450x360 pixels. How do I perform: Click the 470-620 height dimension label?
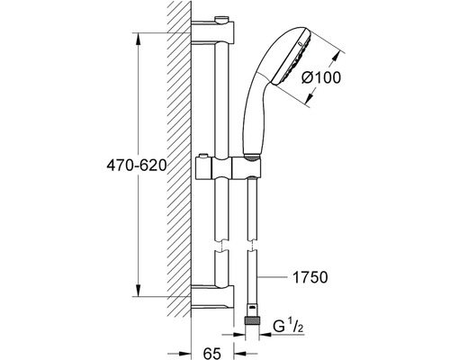[x=137, y=166]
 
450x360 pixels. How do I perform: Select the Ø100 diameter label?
[x=321, y=78]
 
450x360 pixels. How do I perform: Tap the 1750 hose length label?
[x=310, y=277]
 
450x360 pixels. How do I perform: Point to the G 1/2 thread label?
[x=288, y=326]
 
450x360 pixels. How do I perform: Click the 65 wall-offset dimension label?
[x=212, y=353]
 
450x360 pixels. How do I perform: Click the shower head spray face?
[x=292, y=57]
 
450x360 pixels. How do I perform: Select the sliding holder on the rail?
[x=229, y=167]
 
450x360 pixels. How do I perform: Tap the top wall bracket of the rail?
[x=212, y=32]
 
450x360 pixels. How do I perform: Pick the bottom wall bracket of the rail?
[x=212, y=297]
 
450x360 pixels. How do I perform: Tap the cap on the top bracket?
[x=222, y=20]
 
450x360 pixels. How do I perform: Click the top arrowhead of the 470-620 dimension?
[x=138, y=39]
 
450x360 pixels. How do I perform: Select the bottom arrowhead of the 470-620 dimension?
[x=138, y=290]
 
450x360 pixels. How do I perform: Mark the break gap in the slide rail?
[x=221, y=245]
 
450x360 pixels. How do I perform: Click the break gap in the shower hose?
[x=252, y=245]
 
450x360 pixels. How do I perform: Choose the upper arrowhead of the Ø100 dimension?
[x=337, y=58]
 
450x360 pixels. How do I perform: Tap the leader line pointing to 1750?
[x=273, y=277]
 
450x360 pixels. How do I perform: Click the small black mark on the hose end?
[x=252, y=308]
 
